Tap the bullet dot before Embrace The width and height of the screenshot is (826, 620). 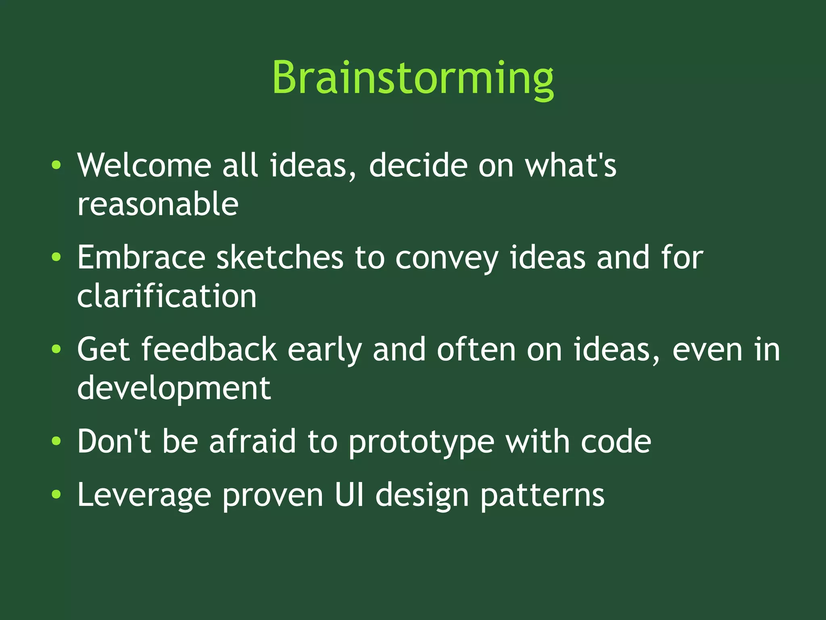[x=56, y=257]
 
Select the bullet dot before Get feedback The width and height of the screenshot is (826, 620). [x=56, y=349]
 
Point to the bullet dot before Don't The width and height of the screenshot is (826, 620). [x=56, y=441]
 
